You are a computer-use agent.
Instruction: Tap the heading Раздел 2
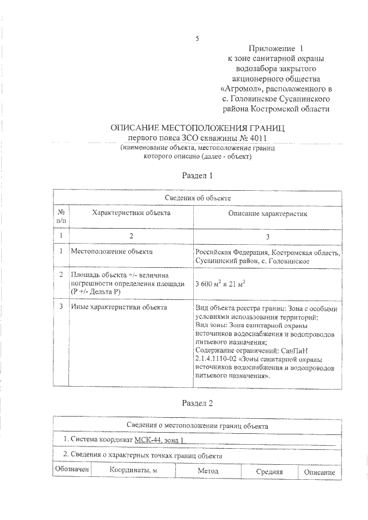(x=197, y=403)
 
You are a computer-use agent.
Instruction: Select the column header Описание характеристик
(x=268, y=214)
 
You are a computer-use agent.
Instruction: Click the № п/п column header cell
(x=60, y=216)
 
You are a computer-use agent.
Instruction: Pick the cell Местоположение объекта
(x=112, y=251)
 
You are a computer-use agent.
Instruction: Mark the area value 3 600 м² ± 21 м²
(x=220, y=283)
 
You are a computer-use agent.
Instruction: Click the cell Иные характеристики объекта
(x=118, y=307)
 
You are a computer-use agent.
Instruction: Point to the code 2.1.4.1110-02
(x=221, y=359)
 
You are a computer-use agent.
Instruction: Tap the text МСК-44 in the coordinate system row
(x=149, y=440)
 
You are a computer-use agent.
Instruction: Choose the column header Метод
(x=208, y=472)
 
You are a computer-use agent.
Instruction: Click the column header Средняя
(x=269, y=472)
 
